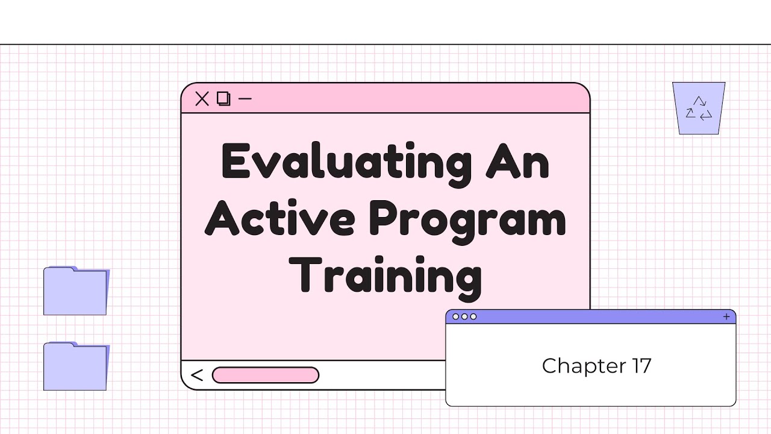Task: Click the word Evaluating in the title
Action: coord(347,162)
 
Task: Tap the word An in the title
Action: coord(518,162)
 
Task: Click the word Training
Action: coord(389,276)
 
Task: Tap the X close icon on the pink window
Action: coord(202,99)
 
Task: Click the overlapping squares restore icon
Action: coord(223,99)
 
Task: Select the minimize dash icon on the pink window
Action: coord(245,98)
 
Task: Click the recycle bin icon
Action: coord(699,108)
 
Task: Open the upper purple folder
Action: coord(75,291)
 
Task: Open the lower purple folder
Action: coord(75,366)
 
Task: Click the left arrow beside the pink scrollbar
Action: coord(197,376)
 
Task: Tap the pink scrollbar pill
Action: coord(265,375)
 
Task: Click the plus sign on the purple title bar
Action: coord(726,316)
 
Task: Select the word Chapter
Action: coord(575,366)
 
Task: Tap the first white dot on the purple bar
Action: coord(455,316)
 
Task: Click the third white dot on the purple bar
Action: coord(473,316)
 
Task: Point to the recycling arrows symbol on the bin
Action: coord(699,108)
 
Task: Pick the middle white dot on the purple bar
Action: coord(464,316)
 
